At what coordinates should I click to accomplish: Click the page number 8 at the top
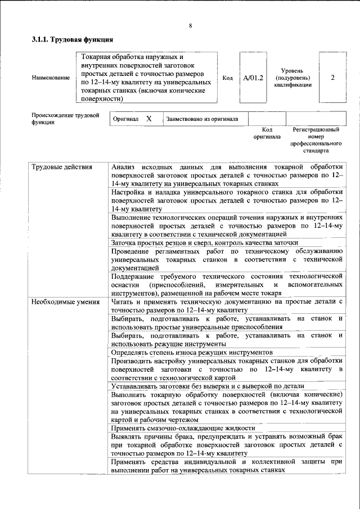tap(191, 26)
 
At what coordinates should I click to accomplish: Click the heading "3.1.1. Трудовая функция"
tap(73, 40)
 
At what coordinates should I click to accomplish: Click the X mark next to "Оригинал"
tap(148, 119)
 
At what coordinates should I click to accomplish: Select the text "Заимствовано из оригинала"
tap(202, 119)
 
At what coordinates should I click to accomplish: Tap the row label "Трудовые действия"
tap(58, 168)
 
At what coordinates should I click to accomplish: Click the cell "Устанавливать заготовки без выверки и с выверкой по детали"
tap(208, 386)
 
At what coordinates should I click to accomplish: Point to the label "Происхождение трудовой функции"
tap(65, 119)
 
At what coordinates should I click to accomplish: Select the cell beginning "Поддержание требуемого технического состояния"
tap(227, 285)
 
